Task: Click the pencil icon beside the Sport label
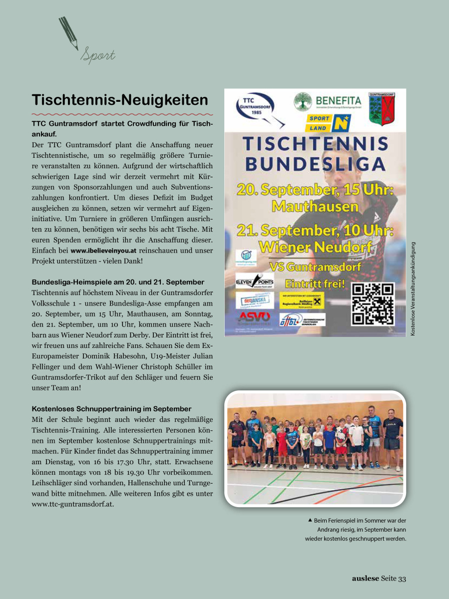pyautogui.click(x=68, y=33)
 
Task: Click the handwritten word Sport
pyautogui.click(x=98, y=55)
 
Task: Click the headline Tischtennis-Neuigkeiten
pyautogui.click(x=120, y=100)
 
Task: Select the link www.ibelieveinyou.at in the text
pyautogui.click(x=100, y=251)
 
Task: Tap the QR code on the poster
pyautogui.click(x=373, y=303)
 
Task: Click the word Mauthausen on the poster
pyautogui.click(x=315, y=206)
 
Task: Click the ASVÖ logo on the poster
pyautogui.click(x=254, y=317)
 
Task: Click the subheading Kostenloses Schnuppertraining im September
pyautogui.click(x=112, y=409)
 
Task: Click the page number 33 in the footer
pyautogui.click(x=402, y=579)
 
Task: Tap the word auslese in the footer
pyautogui.click(x=365, y=579)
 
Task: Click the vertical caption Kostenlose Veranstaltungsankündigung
pyautogui.click(x=413, y=288)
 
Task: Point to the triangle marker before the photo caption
pyautogui.click(x=310, y=520)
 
